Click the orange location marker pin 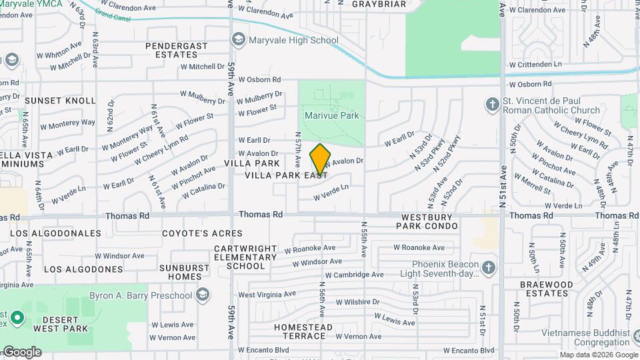(320, 159)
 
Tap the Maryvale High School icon (238, 41)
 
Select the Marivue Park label (331, 115)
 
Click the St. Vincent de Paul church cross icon (492, 105)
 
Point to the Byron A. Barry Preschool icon (203, 295)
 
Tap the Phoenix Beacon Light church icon (489, 268)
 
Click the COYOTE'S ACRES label (202, 233)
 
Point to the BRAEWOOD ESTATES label (546, 289)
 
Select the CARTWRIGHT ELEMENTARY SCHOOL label (245, 257)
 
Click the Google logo (21, 351)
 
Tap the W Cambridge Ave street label (354, 275)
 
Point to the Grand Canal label (112, 11)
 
